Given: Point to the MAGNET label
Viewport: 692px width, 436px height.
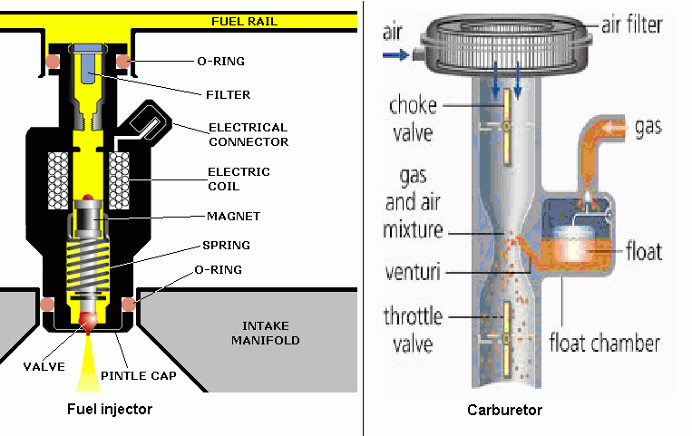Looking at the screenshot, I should pyautogui.click(x=234, y=216).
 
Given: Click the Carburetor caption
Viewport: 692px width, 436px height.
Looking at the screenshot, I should pyautogui.click(x=504, y=410).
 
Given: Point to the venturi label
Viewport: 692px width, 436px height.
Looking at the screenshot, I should pyautogui.click(x=414, y=270).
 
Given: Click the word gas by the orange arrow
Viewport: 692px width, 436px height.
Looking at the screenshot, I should pyautogui.click(x=648, y=126).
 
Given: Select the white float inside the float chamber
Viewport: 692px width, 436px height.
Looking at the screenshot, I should pyautogui.click(x=571, y=247).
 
